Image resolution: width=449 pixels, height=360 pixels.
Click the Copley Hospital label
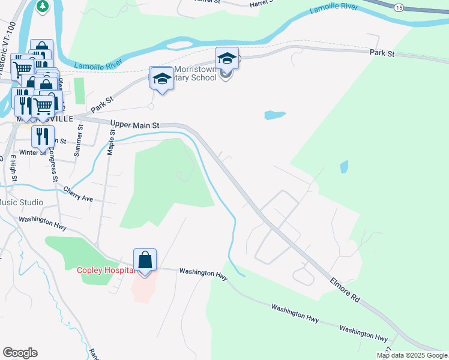coord(103,270)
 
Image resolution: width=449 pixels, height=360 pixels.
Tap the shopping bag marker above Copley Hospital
coord(145,260)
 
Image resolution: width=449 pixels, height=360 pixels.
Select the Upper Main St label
coord(134,125)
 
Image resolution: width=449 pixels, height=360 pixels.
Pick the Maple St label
coord(111,140)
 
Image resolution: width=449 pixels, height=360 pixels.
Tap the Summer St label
coord(77,142)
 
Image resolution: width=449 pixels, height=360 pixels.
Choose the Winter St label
coord(32,152)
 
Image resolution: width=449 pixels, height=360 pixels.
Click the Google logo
coord(20,353)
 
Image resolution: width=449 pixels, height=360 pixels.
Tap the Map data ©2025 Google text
coord(411,355)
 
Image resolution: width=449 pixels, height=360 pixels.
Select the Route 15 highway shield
coord(399,8)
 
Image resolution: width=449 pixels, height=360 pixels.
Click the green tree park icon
coord(43,6)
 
